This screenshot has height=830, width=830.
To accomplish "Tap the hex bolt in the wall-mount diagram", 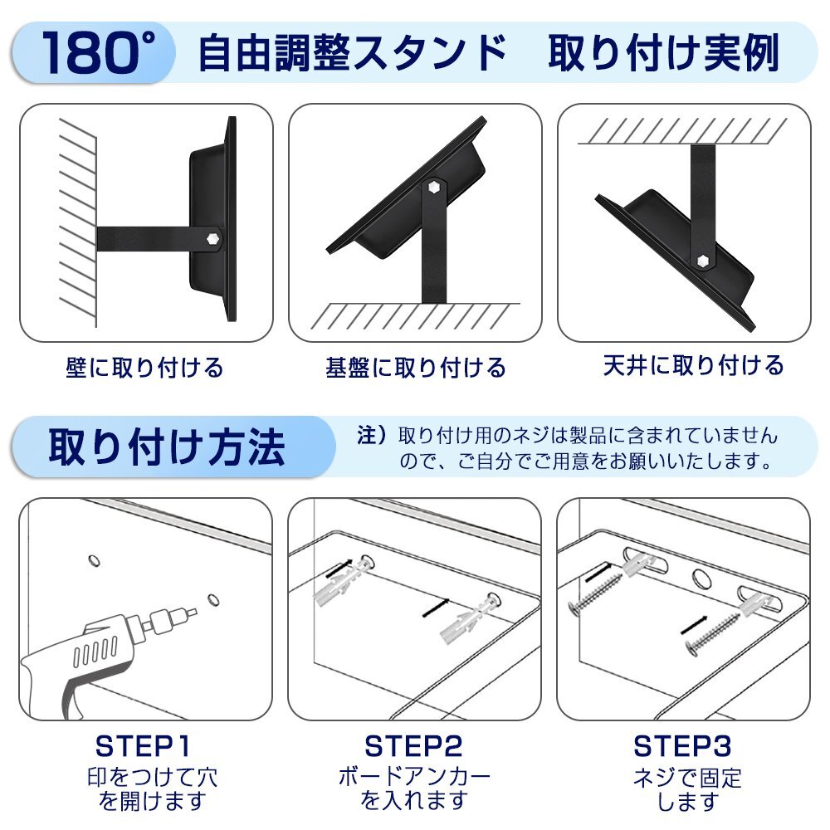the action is [x=212, y=239].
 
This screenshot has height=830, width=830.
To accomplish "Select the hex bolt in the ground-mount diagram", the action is [x=433, y=188].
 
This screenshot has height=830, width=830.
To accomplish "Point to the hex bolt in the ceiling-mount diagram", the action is [x=702, y=261].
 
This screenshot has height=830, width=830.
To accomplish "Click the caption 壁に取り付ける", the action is [x=144, y=368].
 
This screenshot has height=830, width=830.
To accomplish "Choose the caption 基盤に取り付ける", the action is [x=416, y=368].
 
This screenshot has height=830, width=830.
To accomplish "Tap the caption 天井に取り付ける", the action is [x=693, y=365].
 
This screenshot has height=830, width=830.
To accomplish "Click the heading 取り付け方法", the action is [x=167, y=447].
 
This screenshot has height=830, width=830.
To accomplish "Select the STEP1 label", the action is [x=143, y=746].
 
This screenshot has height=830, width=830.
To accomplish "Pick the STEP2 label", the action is [x=413, y=746].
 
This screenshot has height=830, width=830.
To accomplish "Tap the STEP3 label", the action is [x=682, y=746].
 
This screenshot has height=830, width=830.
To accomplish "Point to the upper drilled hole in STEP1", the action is [x=94, y=560].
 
